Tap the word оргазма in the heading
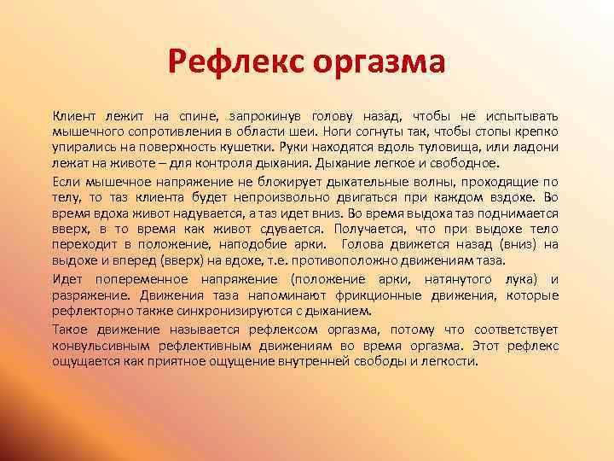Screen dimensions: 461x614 point(378,63)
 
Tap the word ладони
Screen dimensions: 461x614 point(535,148)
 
